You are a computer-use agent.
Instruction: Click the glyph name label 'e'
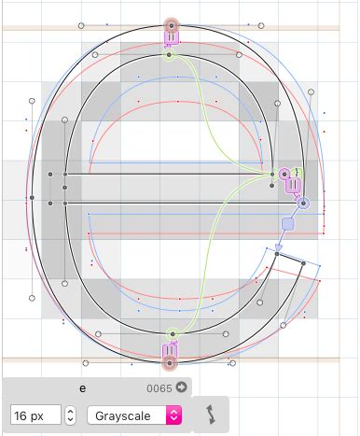tap(82, 388)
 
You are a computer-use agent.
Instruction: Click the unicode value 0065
tap(159, 388)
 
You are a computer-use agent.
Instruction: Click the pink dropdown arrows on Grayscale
tap(174, 415)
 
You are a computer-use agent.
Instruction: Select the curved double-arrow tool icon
tap(212, 415)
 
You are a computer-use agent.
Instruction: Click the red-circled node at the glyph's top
tap(172, 26)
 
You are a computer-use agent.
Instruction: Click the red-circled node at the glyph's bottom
tap(170, 363)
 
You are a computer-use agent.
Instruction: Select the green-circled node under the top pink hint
tap(169, 55)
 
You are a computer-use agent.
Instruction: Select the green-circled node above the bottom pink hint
tap(173, 334)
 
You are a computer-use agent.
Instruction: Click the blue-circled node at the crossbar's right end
tap(303, 204)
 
